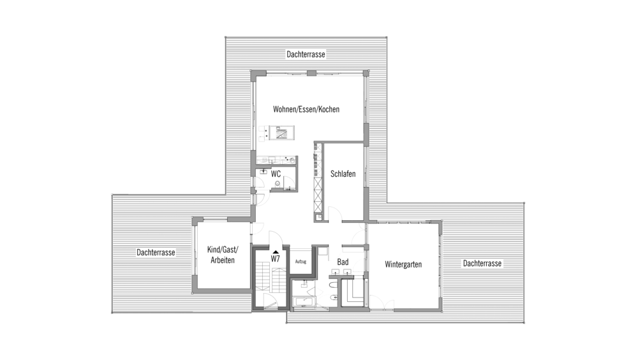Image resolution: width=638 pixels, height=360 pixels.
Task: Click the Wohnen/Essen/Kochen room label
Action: [306, 109]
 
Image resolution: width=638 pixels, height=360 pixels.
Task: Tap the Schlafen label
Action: [343, 174]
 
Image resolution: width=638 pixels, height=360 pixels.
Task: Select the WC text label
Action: [276, 174]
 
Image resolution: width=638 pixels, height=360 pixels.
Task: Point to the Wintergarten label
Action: [403, 264]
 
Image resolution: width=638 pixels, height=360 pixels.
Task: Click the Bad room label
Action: [343, 262]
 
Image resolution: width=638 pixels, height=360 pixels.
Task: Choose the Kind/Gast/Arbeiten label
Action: [223, 255]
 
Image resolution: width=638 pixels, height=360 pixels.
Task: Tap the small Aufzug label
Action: [300, 262]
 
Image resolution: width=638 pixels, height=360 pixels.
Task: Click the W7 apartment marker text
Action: [276, 259]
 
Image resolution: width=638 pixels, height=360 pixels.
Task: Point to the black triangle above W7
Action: [276, 252]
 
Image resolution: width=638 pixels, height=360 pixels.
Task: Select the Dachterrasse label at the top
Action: [306, 54]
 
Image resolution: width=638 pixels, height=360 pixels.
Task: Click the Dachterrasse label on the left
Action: [156, 253]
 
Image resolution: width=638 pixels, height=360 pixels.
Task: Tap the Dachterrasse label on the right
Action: [482, 264]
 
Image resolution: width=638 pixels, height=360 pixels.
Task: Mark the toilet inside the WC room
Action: [278, 184]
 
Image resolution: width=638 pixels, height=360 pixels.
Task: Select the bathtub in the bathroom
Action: [303, 302]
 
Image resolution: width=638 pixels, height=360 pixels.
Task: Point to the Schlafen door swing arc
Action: [334, 213]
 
